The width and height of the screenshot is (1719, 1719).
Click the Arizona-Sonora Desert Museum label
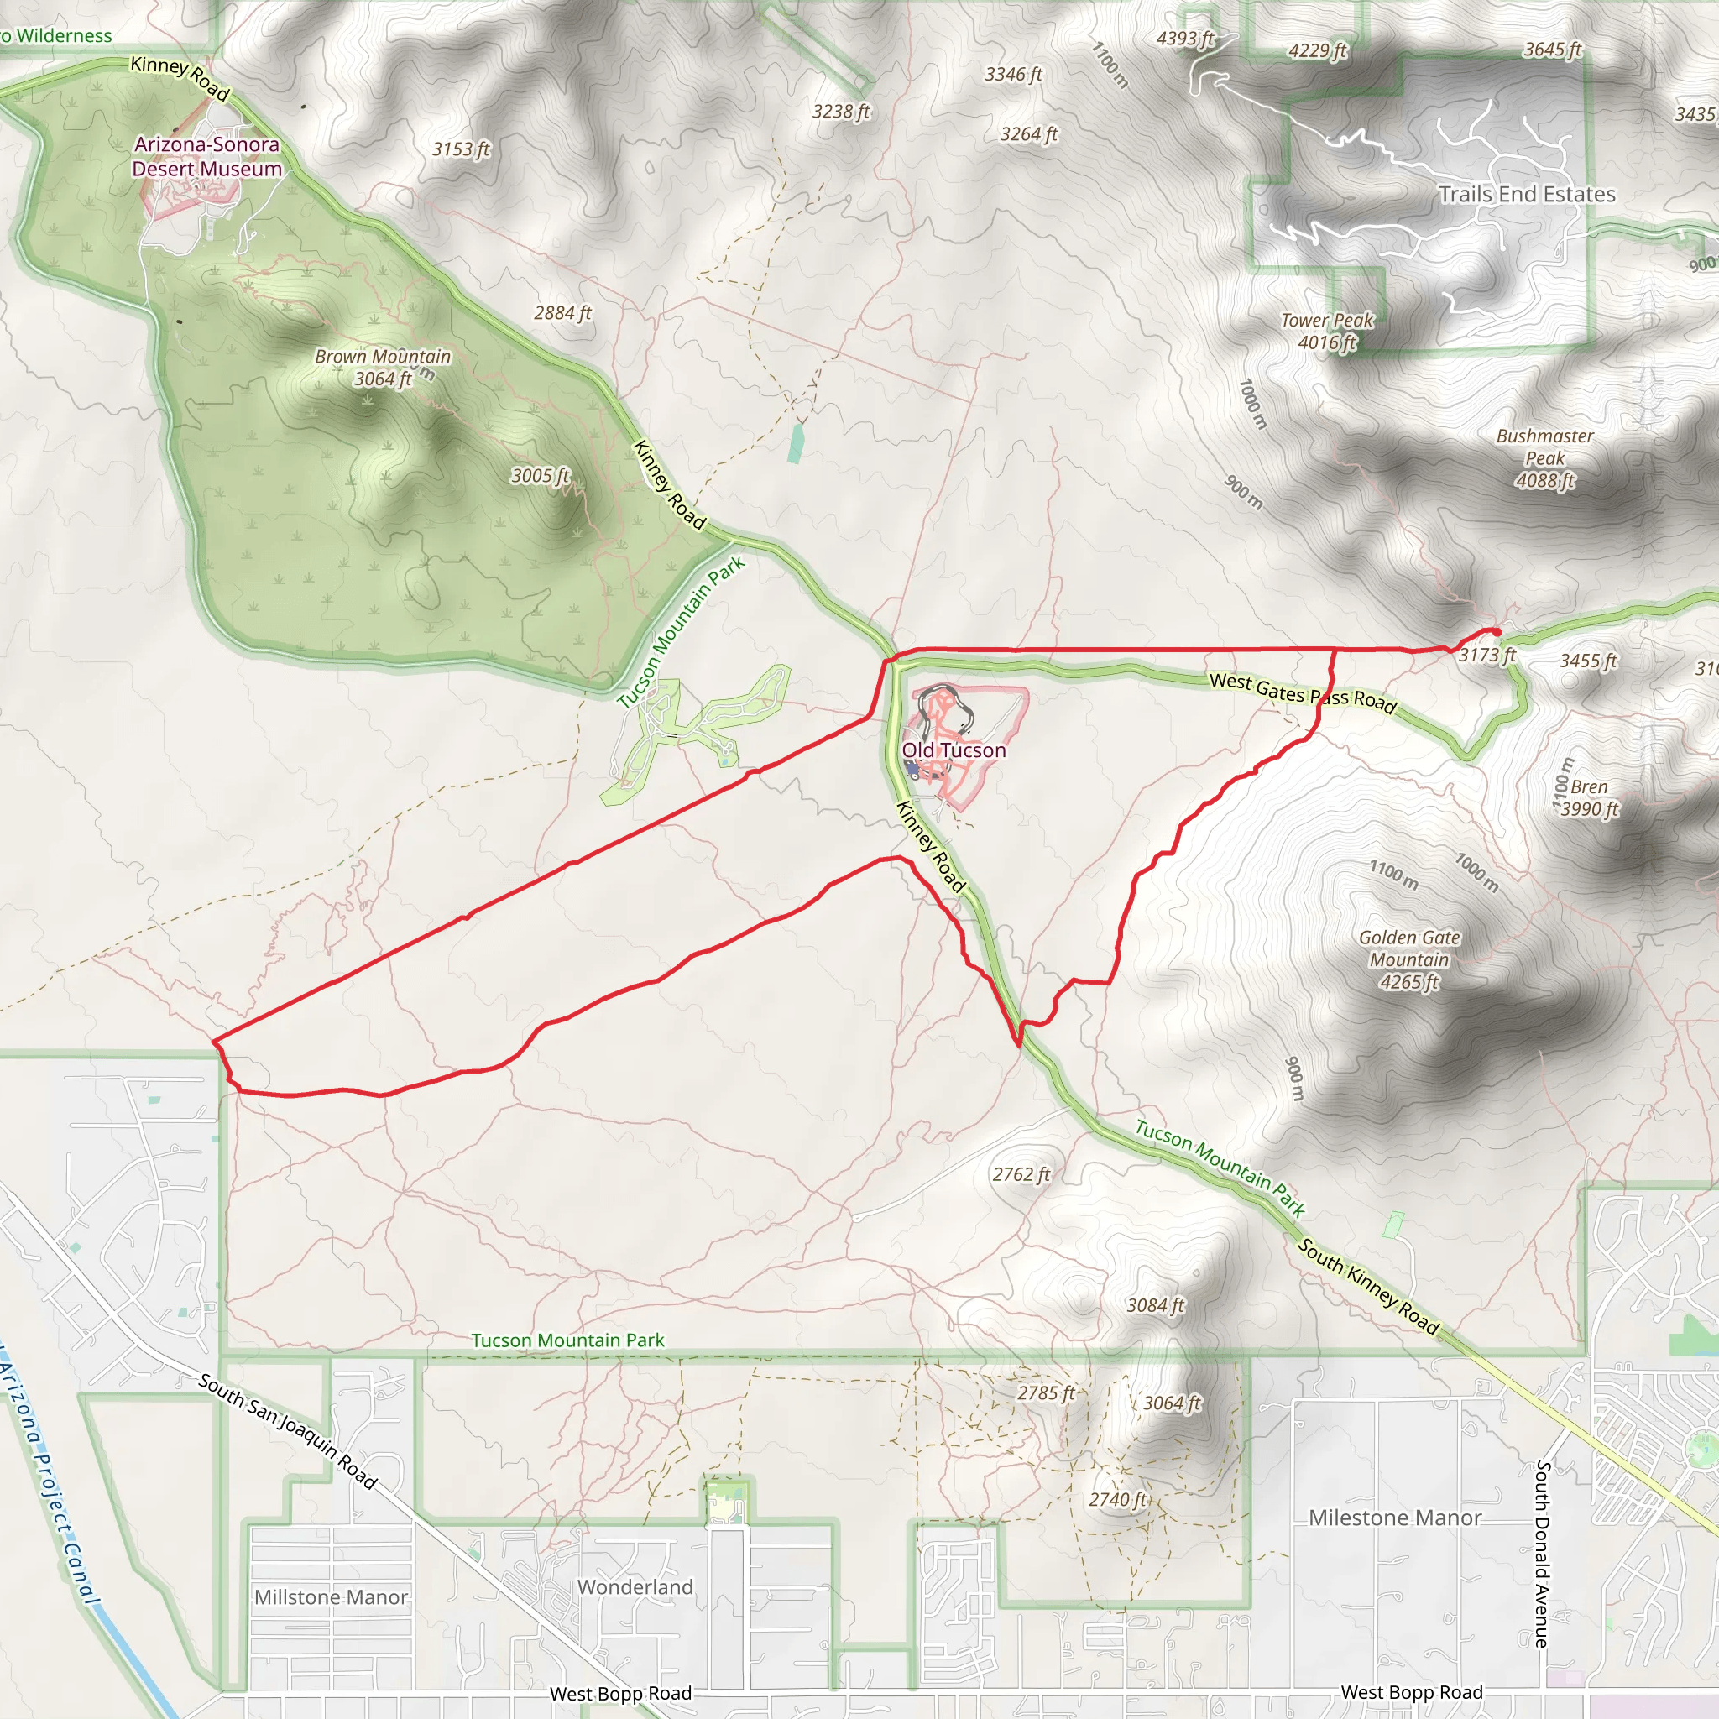(206, 157)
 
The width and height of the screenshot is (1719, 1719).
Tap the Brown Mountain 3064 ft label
(383, 368)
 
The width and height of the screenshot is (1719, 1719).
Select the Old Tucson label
(954, 750)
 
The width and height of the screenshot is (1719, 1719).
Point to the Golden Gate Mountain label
(1409, 959)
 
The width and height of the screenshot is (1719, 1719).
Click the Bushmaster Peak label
(1544, 458)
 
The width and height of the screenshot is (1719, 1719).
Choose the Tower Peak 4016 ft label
(1327, 331)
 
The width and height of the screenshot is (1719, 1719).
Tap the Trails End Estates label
(1527, 194)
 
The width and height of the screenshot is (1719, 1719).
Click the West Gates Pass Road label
(1303, 692)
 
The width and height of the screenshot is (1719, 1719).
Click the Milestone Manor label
(1394, 1517)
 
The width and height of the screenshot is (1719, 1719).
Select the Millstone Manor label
(331, 1597)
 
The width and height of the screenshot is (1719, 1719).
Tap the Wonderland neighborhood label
(635, 1586)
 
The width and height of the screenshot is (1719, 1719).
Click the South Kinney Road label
(1368, 1287)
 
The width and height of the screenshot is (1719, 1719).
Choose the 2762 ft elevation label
(1021, 1174)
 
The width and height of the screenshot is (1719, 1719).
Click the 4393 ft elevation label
(1185, 39)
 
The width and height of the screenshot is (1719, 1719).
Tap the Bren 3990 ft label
(1589, 798)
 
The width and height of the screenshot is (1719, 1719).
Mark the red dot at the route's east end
(1497, 633)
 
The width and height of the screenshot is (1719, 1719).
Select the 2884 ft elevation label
(562, 313)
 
